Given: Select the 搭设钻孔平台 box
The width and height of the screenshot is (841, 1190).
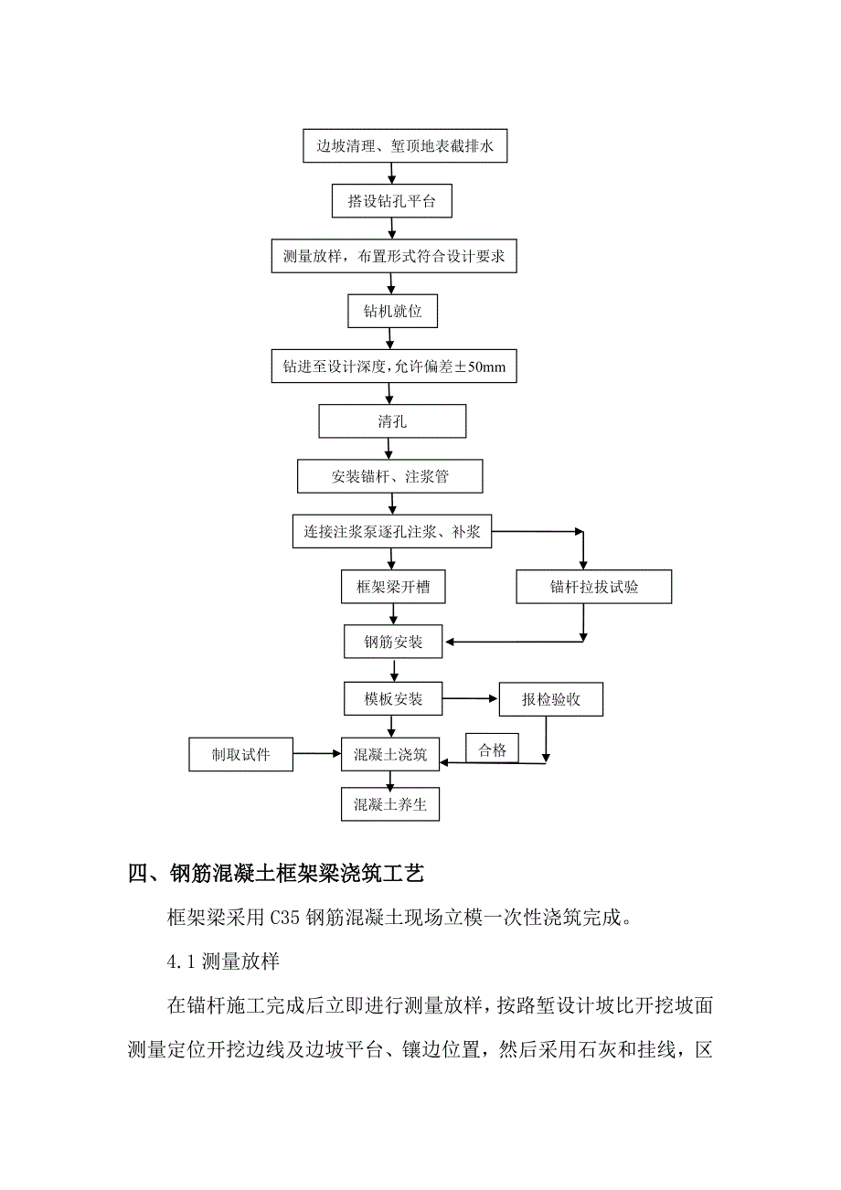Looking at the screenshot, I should [x=391, y=201].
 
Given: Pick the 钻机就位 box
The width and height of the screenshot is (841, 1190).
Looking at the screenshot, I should [x=392, y=311].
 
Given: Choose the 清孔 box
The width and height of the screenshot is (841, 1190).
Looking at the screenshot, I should [x=392, y=421].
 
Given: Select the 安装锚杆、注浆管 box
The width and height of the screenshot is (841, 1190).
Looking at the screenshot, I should [x=390, y=476].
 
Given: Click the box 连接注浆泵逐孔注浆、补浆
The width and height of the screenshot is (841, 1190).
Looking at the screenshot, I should [x=392, y=531].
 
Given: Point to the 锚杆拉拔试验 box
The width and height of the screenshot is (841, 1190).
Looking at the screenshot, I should [x=594, y=587].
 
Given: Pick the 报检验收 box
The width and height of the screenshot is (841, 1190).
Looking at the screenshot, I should [x=551, y=700].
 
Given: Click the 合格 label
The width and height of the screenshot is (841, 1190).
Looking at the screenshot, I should [x=492, y=750].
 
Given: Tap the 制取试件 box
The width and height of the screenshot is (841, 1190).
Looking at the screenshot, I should [x=241, y=755].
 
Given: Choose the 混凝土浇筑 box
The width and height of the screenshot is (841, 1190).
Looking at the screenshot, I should [x=390, y=754].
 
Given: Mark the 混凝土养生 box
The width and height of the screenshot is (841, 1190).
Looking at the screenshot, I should [x=390, y=805].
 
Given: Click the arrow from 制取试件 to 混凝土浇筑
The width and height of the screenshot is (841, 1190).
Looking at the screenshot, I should [x=317, y=754].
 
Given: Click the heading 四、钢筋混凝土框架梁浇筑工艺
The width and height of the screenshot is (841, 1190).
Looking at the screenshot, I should [x=276, y=875].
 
